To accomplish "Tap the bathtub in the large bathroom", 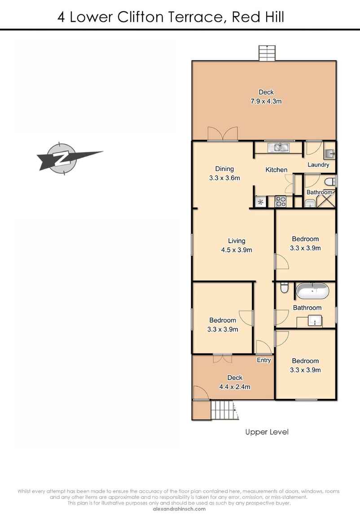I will (312, 292).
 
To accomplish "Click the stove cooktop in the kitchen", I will (281, 202).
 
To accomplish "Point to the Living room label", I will (236, 241).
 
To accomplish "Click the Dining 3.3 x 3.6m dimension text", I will (224, 178).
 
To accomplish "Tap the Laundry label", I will (318, 165).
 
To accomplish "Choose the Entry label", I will (263, 360).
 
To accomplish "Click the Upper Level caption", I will (267, 432).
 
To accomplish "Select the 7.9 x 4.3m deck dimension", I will (266, 101).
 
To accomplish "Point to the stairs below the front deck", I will (223, 411).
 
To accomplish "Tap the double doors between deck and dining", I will (223, 134).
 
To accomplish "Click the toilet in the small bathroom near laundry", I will (330, 181).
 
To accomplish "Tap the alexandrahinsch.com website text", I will (179, 509).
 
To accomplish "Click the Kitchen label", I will (276, 170).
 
